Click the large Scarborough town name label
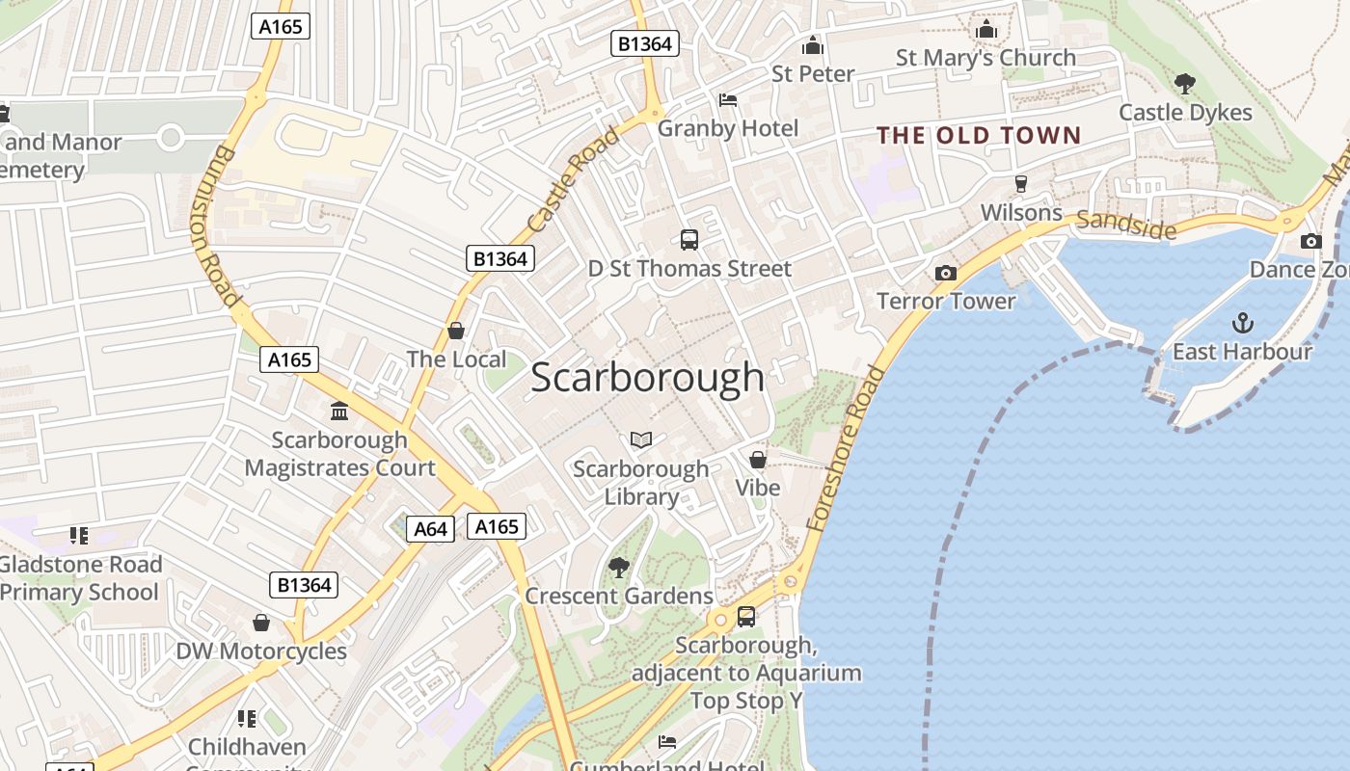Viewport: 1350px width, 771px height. pyautogui.click(x=647, y=377)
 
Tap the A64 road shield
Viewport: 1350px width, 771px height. pyautogui.click(x=430, y=529)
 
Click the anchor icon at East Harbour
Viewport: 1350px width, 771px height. pyautogui.click(x=1243, y=323)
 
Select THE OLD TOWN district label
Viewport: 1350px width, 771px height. pyautogui.click(x=979, y=135)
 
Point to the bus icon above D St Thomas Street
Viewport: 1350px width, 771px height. pyautogui.click(x=689, y=240)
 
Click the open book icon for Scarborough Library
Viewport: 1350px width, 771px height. pyautogui.click(x=641, y=440)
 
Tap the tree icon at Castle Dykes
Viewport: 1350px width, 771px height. pyautogui.click(x=1185, y=84)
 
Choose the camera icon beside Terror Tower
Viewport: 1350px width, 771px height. pyautogui.click(x=946, y=273)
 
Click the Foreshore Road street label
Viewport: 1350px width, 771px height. pyautogui.click(x=846, y=449)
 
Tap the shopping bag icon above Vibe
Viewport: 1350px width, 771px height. pyautogui.click(x=758, y=460)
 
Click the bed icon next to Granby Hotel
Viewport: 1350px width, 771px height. pyautogui.click(x=728, y=100)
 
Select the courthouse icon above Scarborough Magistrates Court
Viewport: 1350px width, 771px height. pyautogui.click(x=339, y=412)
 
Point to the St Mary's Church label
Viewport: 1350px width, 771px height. pyautogui.click(x=985, y=58)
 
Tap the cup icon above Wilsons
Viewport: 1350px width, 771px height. pyautogui.click(x=1021, y=183)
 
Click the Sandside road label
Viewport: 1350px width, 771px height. pyautogui.click(x=1126, y=225)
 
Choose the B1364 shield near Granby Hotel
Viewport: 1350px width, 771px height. pyautogui.click(x=645, y=43)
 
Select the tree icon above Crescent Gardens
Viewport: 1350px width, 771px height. pyautogui.click(x=619, y=567)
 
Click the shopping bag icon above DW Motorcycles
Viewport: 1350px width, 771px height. pyautogui.click(x=260, y=623)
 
